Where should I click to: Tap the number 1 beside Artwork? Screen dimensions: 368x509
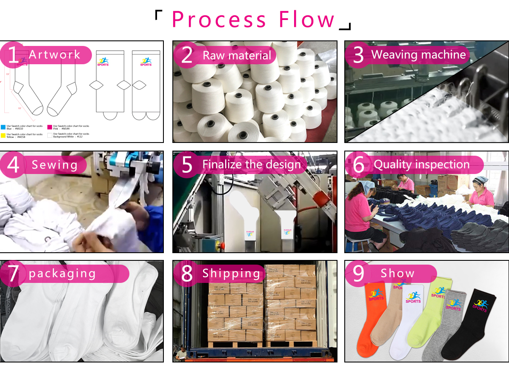tap(13, 55)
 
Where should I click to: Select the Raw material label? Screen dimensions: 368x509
tap(237, 55)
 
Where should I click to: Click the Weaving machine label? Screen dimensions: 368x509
tap(418, 54)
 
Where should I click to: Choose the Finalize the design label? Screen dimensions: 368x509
tap(251, 164)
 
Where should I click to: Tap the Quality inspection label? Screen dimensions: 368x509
tap(421, 164)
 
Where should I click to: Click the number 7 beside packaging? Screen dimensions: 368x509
tap(13, 274)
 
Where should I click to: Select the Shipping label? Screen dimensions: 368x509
tap(231, 274)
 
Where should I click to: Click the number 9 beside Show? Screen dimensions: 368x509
tap(358, 274)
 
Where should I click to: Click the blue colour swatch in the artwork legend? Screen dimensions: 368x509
tap(3, 127)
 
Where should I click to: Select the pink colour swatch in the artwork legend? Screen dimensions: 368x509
tap(49, 127)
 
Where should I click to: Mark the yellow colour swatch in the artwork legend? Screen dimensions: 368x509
tap(3, 135)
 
